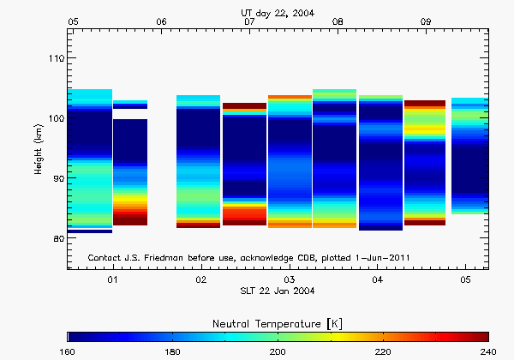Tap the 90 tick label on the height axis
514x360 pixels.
[x=57, y=178]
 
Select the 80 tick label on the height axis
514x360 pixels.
[x=57, y=238]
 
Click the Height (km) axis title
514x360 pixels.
[x=39, y=149]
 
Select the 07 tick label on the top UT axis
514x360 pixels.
[x=249, y=21]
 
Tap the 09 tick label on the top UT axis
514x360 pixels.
[x=426, y=21]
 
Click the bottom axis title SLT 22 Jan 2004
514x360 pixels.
[x=278, y=291]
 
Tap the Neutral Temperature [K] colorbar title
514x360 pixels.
[x=278, y=321]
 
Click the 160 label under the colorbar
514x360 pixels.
[x=69, y=351]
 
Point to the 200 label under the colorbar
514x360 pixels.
[x=278, y=351]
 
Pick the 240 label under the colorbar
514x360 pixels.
[x=487, y=351]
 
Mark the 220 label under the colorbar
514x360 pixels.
[x=383, y=351]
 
